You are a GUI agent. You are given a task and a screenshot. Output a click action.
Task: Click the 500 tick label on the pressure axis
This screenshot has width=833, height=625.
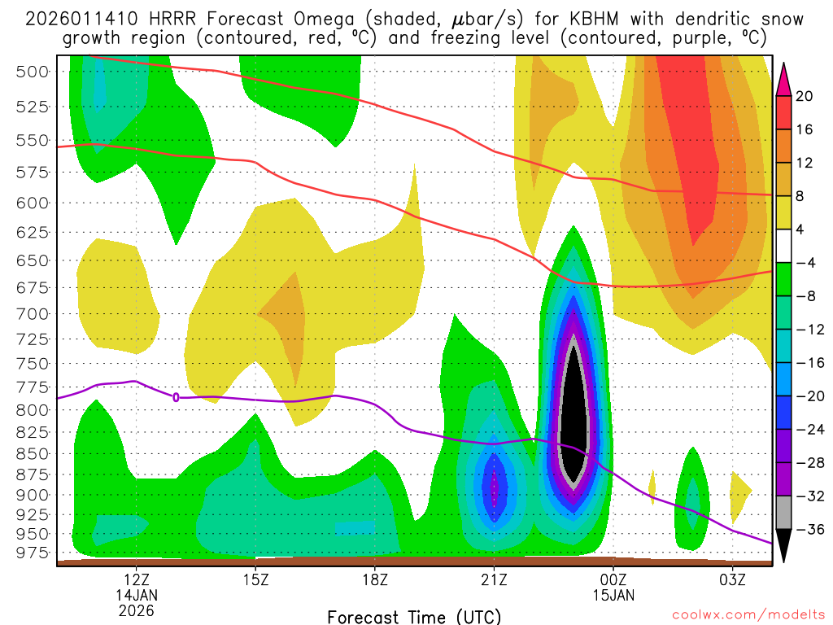[33, 72]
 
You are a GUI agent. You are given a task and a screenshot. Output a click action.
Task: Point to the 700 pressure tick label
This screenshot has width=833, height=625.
[33, 313]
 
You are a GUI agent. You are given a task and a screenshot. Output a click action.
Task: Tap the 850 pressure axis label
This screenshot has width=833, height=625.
[33, 453]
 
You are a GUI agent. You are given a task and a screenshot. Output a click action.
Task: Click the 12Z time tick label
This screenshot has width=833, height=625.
[136, 579]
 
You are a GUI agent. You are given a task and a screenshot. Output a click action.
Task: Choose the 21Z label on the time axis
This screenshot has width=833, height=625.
[494, 579]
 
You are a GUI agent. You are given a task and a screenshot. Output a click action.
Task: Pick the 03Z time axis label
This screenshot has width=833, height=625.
[732, 579]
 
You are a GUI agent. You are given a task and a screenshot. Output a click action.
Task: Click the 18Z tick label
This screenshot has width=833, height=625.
[374, 579]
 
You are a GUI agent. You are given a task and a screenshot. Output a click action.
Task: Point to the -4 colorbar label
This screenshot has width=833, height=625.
[804, 262]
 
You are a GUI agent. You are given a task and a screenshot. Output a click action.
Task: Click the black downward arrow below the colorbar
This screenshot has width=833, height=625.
[784, 546]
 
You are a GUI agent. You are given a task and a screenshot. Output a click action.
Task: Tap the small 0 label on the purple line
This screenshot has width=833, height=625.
[176, 397]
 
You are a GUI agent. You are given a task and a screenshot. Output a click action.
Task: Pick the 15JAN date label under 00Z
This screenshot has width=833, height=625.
[613, 594]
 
